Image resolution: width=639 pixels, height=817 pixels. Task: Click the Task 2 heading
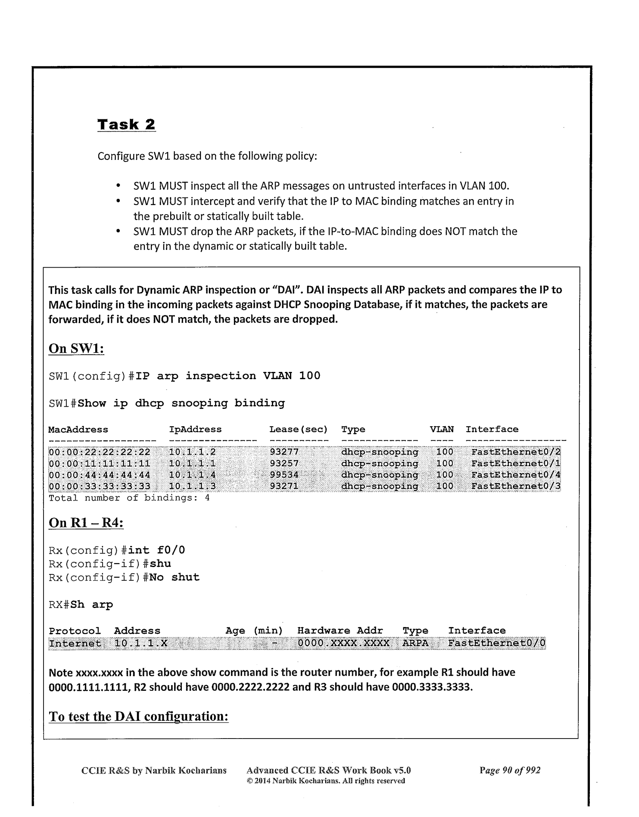click(x=126, y=125)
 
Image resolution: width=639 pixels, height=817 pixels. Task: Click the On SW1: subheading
click(x=76, y=348)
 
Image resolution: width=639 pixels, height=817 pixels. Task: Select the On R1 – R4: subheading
click(x=86, y=523)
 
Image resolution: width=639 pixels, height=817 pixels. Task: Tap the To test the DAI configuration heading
click(x=138, y=716)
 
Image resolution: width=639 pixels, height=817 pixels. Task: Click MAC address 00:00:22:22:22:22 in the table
click(x=100, y=452)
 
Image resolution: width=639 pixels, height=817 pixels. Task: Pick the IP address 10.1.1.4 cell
click(x=192, y=475)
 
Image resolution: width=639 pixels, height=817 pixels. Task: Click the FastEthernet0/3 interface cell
click(x=516, y=486)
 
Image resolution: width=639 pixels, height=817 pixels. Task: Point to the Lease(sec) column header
click(x=298, y=430)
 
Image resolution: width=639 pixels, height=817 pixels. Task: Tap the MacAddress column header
click(x=78, y=430)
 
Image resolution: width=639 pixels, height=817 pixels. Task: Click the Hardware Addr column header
click(x=340, y=631)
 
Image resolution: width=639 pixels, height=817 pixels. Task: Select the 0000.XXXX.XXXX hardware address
click(x=343, y=644)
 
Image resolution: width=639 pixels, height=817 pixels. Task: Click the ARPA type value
click(x=415, y=644)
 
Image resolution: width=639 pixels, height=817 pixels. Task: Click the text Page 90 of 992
click(x=510, y=770)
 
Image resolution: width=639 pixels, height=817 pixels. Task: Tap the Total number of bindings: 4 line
click(x=129, y=498)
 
